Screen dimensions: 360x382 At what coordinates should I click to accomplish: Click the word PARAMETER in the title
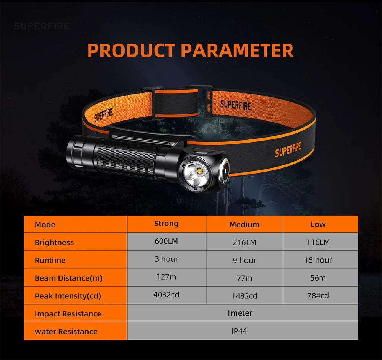(x=237, y=50)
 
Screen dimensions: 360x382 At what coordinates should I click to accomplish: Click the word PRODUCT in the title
(x=131, y=50)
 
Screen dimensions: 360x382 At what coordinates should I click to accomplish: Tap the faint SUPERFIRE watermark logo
(x=42, y=26)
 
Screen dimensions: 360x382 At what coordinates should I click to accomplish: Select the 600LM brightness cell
(x=167, y=242)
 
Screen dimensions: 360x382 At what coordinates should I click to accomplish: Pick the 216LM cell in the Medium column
(x=244, y=242)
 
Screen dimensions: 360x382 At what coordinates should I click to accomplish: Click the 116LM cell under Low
(x=318, y=242)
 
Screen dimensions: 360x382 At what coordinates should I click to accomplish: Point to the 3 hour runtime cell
(x=167, y=259)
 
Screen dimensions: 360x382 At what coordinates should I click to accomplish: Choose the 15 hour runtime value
(x=318, y=260)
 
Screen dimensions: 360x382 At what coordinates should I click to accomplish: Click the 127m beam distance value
(x=167, y=277)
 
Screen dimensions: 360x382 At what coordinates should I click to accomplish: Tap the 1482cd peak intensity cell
(x=244, y=296)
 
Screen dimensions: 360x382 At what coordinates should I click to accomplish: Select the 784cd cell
(x=318, y=296)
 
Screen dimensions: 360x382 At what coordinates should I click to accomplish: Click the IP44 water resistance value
(x=240, y=331)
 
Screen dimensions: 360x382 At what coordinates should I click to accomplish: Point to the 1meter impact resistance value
(x=240, y=313)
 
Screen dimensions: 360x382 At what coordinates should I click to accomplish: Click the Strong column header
(x=167, y=224)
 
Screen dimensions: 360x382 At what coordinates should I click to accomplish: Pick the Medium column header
(x=244, y=225)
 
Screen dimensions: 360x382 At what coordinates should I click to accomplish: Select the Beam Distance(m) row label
(x=69, y=278)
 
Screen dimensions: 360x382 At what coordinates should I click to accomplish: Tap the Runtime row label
(x=50, y=260)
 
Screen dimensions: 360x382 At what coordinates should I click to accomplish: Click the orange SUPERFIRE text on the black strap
(x=288, y=149)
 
